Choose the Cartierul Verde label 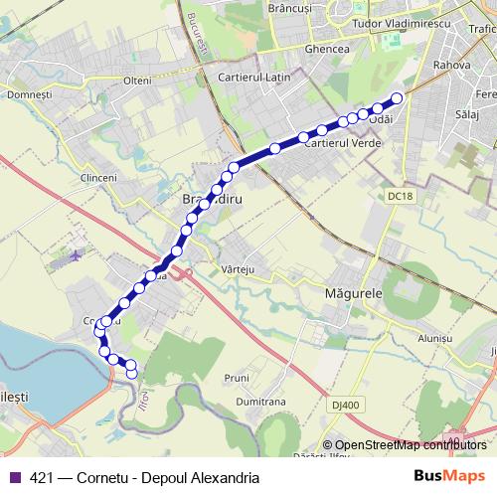point(338,143)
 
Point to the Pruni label point(236,378)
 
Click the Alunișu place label point(434,338)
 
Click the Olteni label point(137,81)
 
